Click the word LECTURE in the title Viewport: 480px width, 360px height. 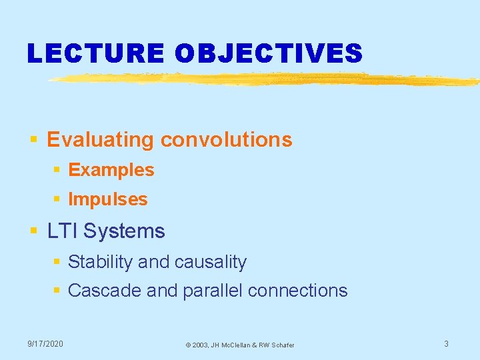click(95, 53)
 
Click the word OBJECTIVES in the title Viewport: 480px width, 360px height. click(269, 53)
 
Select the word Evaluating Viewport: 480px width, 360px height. click(101, 140)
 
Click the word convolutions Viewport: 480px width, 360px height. click(226, 140)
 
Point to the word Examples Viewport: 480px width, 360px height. click(111, 170)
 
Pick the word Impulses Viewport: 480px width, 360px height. click(108, 199)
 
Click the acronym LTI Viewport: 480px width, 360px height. click(62, 231)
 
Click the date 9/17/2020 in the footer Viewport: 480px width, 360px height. click(45, 343)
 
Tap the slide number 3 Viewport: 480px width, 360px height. click(446, 343)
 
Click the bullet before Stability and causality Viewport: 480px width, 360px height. click(57, 263)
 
